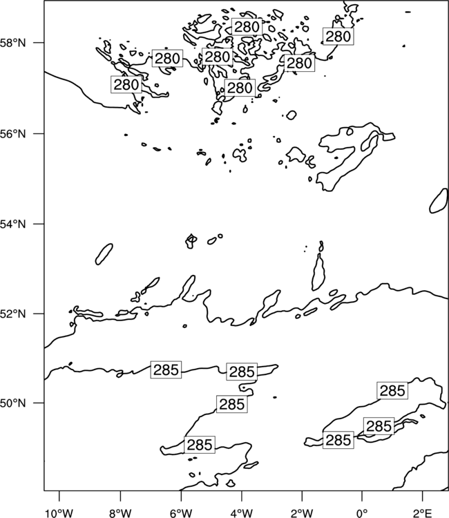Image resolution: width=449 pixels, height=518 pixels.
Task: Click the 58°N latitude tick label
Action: point(12,43)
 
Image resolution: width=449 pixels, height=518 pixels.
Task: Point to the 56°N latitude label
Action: point(12,134)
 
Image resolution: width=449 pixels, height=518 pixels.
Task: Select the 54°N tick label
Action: point(12,224)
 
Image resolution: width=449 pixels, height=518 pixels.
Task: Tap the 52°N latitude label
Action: point(12,314)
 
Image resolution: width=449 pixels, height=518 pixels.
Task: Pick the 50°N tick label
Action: point(12,403)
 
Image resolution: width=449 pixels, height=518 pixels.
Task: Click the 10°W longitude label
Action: point(59,513)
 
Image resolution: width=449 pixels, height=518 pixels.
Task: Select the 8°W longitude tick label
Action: point(120,513)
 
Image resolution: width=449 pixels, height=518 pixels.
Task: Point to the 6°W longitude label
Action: point(181,513)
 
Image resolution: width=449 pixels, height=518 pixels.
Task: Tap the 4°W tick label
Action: point(241,513)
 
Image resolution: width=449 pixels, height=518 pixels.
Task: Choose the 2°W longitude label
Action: point(302,513)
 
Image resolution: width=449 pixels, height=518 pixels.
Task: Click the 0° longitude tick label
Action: point(362,513)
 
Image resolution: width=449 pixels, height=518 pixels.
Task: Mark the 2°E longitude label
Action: point(423,513)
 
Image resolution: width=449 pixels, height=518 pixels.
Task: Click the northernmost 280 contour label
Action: point(247,26)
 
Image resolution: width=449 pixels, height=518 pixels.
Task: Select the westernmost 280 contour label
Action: point(126,84)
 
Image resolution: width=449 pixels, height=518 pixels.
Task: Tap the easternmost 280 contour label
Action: point(338,37)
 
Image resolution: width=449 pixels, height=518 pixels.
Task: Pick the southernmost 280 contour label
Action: point(240,88)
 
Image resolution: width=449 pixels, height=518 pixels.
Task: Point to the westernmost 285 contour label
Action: point(166,370)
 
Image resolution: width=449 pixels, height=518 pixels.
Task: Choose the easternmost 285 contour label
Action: point(392,391)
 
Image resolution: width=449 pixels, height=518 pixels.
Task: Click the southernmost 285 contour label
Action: point(199,445)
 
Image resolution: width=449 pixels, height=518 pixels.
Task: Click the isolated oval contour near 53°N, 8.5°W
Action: point(104,253)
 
